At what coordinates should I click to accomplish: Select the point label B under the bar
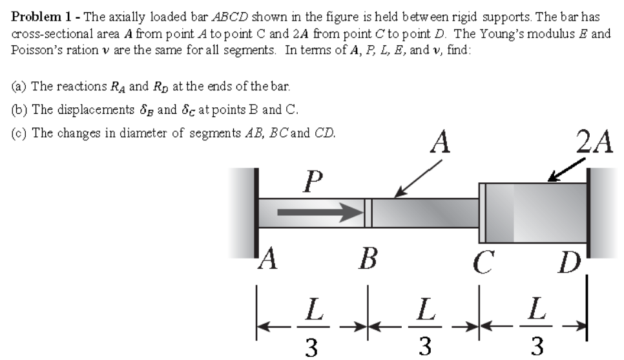[x=369, y=262]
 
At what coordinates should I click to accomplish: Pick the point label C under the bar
[x=481, y=264]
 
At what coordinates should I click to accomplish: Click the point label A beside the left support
[x=267, y=262]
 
